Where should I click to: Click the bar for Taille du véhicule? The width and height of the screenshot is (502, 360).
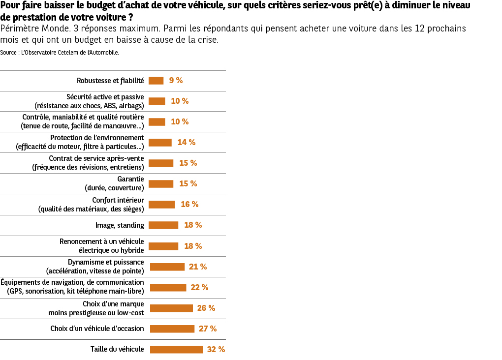tap(176, 349)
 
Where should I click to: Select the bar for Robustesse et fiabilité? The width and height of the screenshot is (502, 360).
tap(156, 81)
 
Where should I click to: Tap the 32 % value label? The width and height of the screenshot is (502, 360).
tap(216, 349)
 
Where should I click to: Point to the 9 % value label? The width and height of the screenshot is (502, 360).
tap(176, 81)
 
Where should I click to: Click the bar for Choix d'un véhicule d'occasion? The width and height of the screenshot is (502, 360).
tap(172, 329)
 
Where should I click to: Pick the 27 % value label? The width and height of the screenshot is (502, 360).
tap(208, 329)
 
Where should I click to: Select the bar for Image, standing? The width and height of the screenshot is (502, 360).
tap(163, 225)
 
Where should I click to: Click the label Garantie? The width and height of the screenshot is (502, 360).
tap(130, 179)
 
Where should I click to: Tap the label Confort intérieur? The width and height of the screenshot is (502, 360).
tap(118, 200)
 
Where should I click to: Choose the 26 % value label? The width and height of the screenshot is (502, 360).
tap(206, 308)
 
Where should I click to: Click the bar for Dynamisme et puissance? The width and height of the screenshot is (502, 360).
tap(167, 267)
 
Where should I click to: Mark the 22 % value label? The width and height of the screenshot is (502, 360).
tap(199, 287)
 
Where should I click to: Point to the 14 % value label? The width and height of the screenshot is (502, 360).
tap(187, 142)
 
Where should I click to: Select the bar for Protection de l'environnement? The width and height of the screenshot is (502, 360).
tap(160, 143)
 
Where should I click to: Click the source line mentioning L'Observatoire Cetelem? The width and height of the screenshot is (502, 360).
tap(60, 52)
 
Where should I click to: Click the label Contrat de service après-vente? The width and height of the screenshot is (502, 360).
tap(96, 158)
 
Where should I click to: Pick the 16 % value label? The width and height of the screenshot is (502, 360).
tap(189, 204)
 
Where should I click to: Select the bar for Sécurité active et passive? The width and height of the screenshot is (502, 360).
tap(157, 101)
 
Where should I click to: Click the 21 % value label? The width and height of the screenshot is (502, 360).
tap(198, 267)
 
